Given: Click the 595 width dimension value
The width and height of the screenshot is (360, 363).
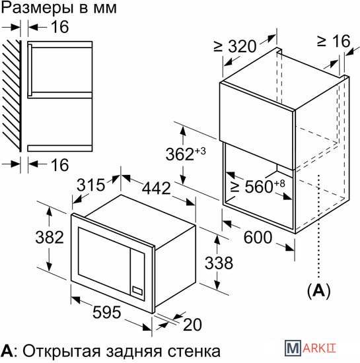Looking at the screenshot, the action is click(x=106, y=312).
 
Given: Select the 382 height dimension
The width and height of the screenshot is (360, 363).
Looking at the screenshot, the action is click(x=50, y=238).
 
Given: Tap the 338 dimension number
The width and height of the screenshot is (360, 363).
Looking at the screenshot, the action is click(x=219, y=263).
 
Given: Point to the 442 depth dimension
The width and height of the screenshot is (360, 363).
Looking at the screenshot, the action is click(x=156, y=188).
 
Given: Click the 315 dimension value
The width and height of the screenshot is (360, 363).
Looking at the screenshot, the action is click(x=90, y=185).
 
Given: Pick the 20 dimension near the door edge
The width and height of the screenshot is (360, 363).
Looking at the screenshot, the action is click(x=192, y=325).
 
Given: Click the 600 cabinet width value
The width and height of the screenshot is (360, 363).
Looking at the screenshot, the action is click(x=258, y=238).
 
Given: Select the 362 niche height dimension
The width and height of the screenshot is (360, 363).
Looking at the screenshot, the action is click(x=186, y=153).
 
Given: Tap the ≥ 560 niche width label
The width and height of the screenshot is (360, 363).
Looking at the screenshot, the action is click(x=258, y=186).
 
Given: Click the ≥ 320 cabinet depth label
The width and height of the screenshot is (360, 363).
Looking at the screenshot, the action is click(x=235, y=46).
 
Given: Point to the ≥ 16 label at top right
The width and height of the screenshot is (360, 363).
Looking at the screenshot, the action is click(x=334, y=41).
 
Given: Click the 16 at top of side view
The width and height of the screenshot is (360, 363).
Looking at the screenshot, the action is click(x=59, y=27).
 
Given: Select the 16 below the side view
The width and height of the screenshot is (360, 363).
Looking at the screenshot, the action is click(x=59, y=165).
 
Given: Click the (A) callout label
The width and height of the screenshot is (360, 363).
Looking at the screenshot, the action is click(x=319, y=291).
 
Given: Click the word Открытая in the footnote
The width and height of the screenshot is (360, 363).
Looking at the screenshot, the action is click(x=61, y=352).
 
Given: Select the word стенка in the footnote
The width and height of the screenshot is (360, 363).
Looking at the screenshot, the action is click(x=194, y=352).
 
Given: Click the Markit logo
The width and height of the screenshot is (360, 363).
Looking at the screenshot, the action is click(x=310, y=348).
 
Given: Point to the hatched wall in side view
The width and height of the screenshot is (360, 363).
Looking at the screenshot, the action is click(x=12, y=96).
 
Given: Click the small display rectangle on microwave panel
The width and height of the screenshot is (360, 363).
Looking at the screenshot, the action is click(x=137, y=291).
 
